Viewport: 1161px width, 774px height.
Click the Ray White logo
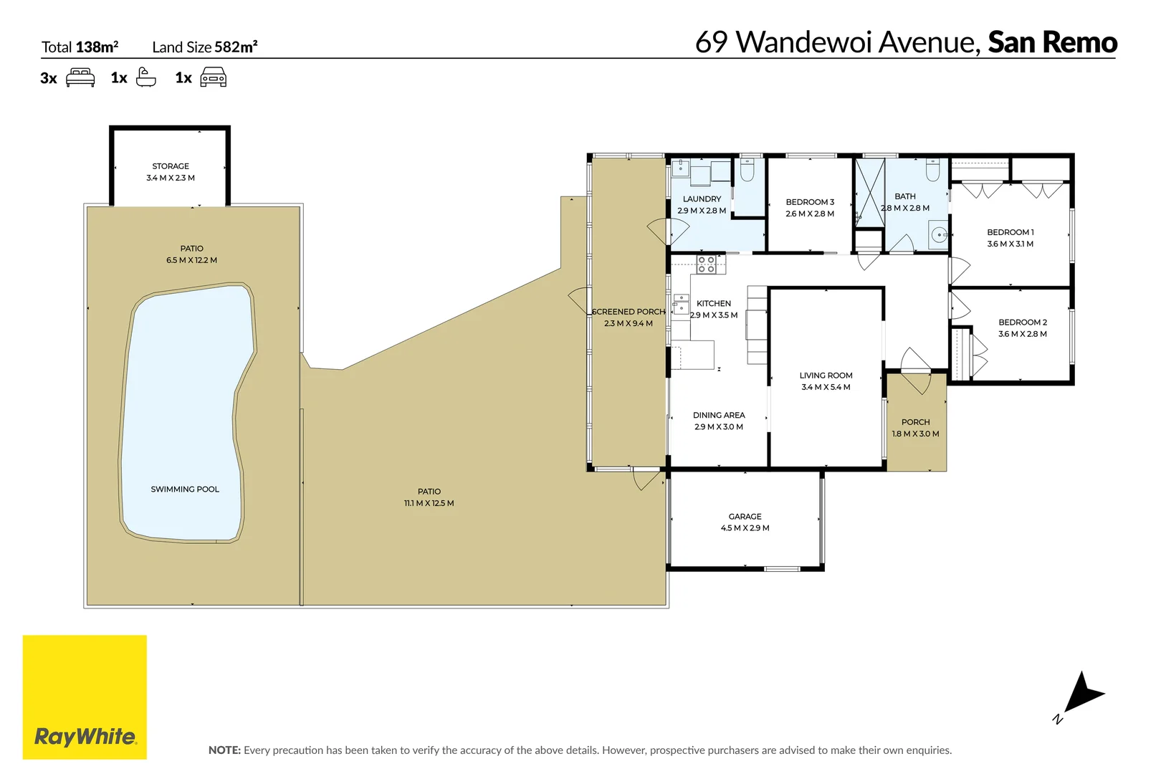[85, 697]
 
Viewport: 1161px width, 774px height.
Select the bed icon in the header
[80, 77]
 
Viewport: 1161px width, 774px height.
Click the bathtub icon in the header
[145, 77]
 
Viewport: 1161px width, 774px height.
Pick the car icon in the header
[213, 77]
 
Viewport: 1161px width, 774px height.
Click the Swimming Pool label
[185, 489]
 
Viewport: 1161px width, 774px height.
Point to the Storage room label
[171, 166]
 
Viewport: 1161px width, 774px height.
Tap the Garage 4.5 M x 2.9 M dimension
[745, 528]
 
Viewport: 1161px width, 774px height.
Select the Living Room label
[826, 376]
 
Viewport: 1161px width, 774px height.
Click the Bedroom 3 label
[810, 202]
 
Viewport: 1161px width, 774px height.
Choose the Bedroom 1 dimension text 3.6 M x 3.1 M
[1010, 244]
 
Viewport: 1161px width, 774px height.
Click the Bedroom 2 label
[1023, 322]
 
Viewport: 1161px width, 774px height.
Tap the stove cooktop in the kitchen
[707, 264]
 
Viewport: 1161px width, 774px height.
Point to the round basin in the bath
[939, 235]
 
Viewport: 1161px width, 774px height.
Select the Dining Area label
[719, 415]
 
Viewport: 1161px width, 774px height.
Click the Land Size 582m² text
[205, 47]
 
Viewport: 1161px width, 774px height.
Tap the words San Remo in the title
[1052, 42]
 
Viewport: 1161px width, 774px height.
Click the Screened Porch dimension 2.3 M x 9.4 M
[629, 323]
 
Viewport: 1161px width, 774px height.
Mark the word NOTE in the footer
[224, 750]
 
